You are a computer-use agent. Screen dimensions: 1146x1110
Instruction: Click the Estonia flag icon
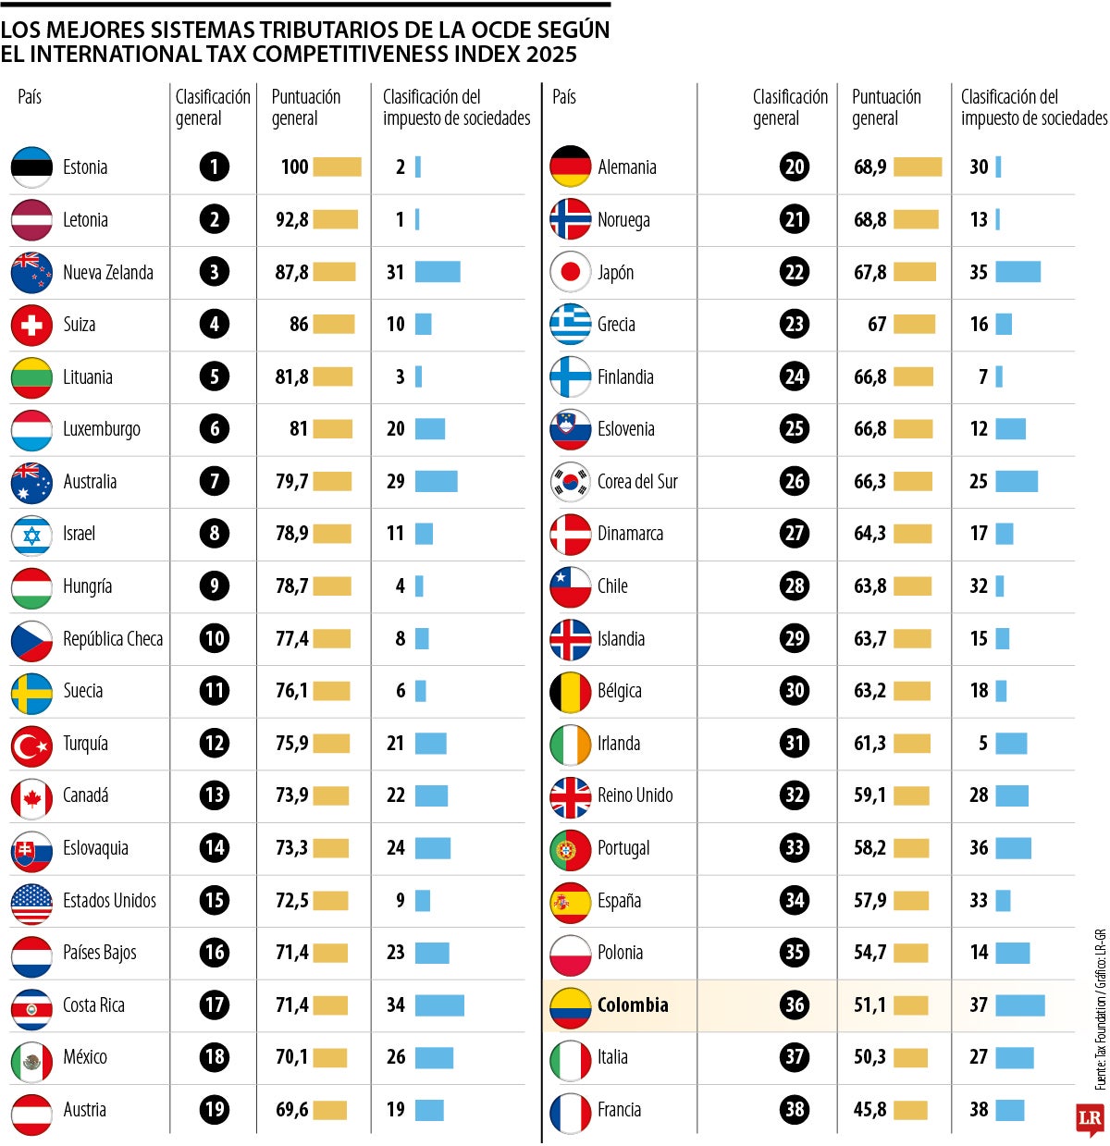point(31,167)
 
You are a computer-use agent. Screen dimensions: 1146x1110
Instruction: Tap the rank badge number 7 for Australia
point(215,481)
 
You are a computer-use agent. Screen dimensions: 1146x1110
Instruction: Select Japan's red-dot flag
point(570,272)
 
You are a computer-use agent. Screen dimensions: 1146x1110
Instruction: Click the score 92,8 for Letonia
point(292,220)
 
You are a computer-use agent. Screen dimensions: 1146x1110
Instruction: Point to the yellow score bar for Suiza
point(334,325)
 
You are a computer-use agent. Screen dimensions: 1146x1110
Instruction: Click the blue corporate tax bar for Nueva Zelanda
point(438,272)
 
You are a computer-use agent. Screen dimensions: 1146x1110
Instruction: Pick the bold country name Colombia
point(633,1005)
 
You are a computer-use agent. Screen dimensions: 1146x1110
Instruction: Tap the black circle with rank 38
point(795,1109)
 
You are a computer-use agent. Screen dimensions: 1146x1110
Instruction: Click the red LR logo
point(1090,1118)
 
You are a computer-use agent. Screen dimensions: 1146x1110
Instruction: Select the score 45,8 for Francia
point(869,1110)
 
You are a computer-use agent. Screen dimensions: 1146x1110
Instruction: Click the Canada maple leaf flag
point(31,796)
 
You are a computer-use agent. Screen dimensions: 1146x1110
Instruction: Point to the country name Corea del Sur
point(637,482)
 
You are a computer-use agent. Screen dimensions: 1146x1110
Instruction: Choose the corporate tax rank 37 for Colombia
point(979,1005)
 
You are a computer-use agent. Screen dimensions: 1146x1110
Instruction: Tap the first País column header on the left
point(30,97)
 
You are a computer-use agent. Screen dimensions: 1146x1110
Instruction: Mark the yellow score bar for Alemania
point(918,167)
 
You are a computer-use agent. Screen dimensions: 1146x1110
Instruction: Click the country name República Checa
point(113,639)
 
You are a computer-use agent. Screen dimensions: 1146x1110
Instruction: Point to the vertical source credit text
point(1100,1008)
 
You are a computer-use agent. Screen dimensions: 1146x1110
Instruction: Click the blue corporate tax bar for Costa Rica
point(439,1005)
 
